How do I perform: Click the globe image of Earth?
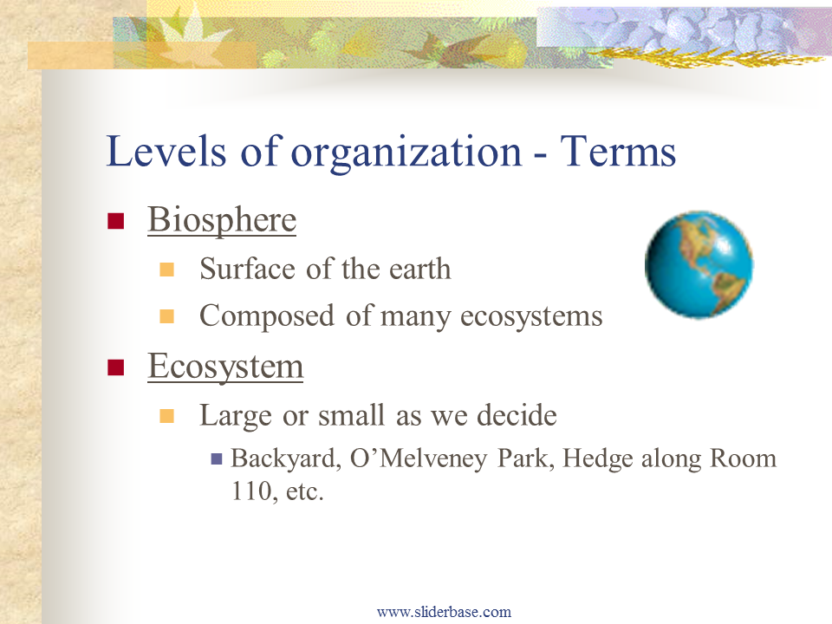[x=699, y=264]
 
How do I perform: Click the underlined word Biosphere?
[x=222, y=219]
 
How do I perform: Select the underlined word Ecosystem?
[x=225, y=366]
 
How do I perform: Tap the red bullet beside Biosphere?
[x=115, y=221]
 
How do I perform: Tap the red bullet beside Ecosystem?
[x=115, y=367]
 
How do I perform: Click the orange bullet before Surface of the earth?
[x=166, y=270]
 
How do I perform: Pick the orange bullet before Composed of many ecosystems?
[x=166, y=317]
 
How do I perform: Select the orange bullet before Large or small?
[x=166, y=416]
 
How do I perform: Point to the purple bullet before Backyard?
[x=217, y=458]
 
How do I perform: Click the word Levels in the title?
[x=166, y=151]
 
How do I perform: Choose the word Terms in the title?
[x=618, y=151]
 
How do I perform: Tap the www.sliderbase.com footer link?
[x=444, y=612]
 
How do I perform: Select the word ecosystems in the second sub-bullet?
[x=531, y=317]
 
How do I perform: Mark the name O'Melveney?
[x=419, y=458]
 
